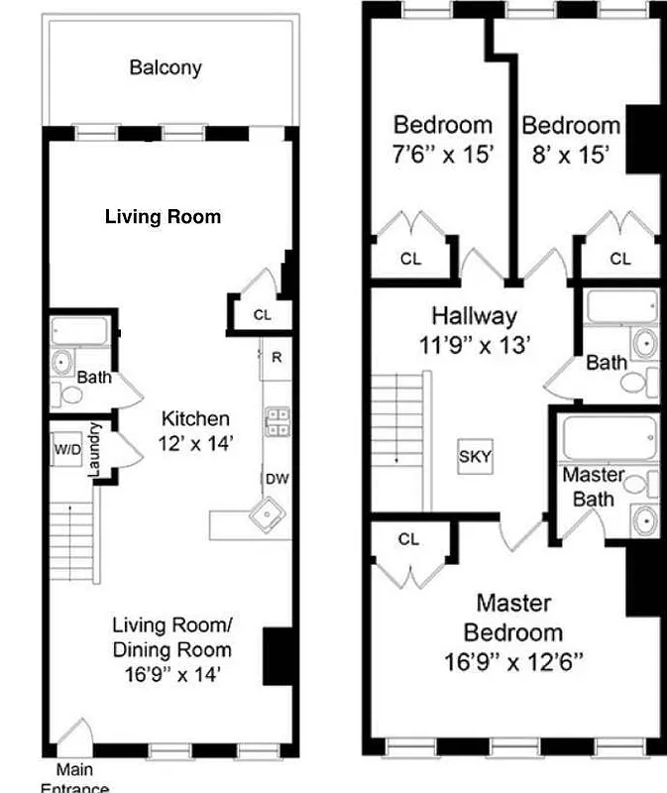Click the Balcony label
(166, 67)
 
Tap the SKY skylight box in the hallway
(475, 457)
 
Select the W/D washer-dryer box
(67, 448)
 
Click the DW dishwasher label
(276, 480)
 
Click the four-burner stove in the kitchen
(277, 422)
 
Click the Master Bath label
(594, 487)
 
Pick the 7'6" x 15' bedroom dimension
(443, 154)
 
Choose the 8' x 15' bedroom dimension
(570, 154)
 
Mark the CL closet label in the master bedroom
(409, 539)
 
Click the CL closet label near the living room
(262, 315)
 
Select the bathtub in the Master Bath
(609, 437)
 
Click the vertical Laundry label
(95, 451)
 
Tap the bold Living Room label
(163, 216)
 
